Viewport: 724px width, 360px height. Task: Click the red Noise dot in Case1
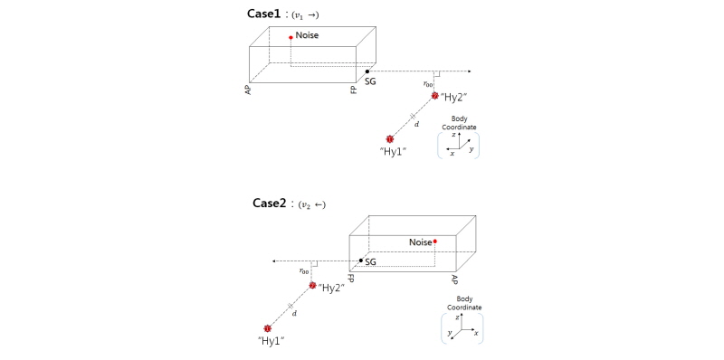[x=291, y=37]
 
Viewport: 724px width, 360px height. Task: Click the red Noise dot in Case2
[x=435, y=242]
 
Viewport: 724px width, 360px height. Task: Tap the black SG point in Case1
[x=367, y=71]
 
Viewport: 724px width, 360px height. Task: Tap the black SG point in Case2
[x=360, y=261]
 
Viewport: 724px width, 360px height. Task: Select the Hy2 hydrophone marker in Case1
[x=434, y=96]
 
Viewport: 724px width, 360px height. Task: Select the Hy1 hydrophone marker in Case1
[x=389, y=139]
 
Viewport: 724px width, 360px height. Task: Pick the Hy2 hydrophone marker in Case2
[x=312, y=286]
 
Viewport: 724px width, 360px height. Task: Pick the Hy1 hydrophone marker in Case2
[x=267, y=328]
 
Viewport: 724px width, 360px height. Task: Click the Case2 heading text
[x=270, y=204]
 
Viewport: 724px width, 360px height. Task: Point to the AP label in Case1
[x=248, y=89]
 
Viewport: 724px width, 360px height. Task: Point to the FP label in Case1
[x=354, y=89]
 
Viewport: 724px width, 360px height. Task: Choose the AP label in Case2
[x=455, y=279]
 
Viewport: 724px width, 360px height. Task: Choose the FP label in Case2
[x=351, y=279]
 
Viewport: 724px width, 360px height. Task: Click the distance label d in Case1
[x=417, y=124]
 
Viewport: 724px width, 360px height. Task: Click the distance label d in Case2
[x=295, y=313]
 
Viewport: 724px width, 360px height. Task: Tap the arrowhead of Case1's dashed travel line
[x=469, y=71]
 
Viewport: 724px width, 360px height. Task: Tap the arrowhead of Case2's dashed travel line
[x=274, y=261]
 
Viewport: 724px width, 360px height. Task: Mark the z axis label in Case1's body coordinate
[x=454, y=134]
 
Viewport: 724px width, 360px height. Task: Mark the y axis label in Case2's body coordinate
[x=449, y=332]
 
